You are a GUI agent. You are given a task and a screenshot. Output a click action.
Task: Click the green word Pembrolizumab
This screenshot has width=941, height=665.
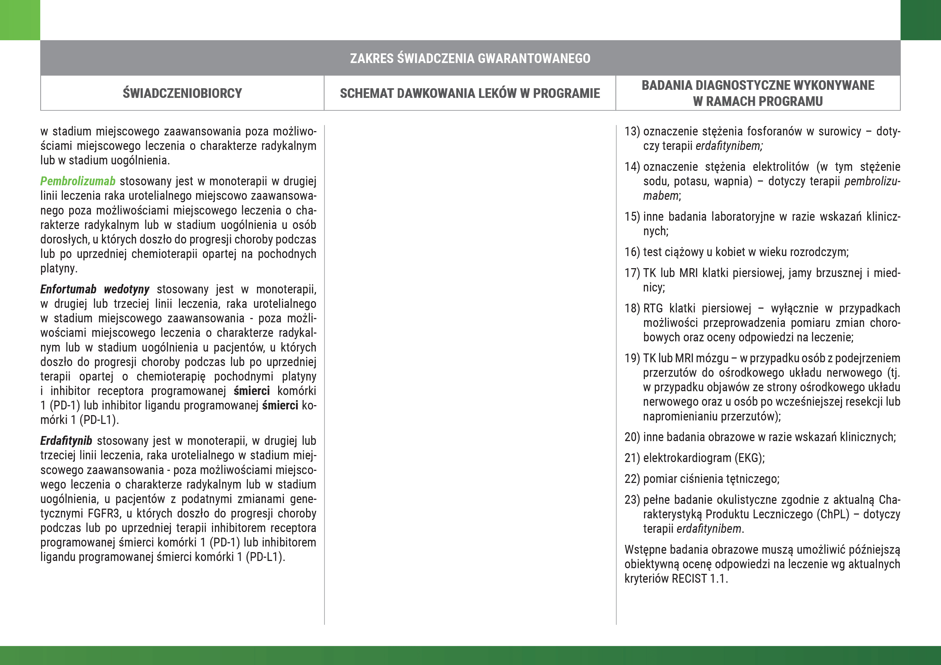pyautogui.click(x=78, y=181)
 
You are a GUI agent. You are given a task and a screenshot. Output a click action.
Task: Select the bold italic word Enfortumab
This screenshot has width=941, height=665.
pyautogui.click(x=68, y=289)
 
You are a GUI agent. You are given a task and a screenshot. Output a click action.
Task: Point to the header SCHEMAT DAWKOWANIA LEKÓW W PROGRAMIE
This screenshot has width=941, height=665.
pyautogui.click(x=470, y=93)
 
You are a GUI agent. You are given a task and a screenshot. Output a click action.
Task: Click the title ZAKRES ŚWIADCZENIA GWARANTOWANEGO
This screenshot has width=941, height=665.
pyautogui.click(x=470, y=58)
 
